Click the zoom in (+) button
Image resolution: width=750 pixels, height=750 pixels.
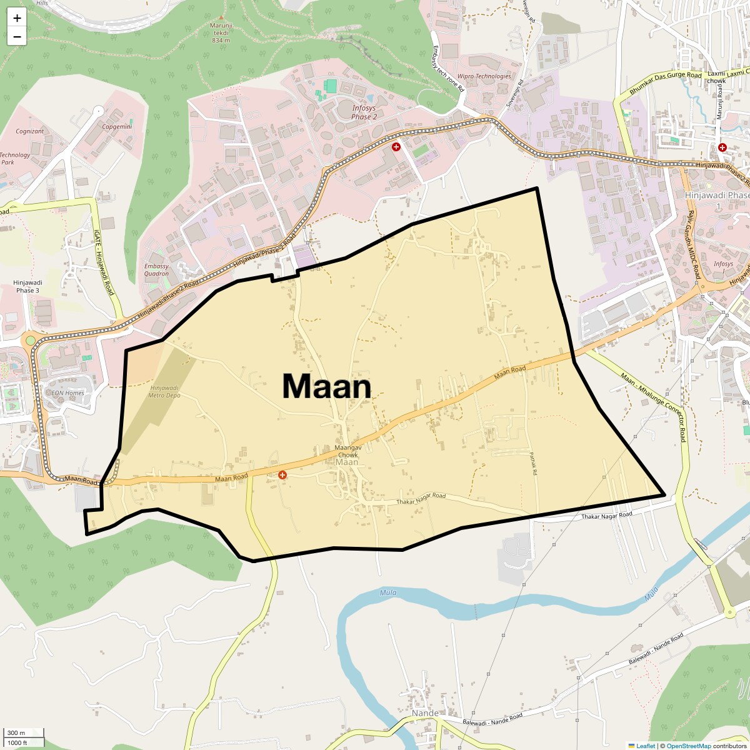17,18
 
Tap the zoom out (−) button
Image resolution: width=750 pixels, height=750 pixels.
17,36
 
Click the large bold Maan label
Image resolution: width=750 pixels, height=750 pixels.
327,386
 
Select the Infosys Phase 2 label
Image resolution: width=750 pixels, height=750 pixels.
364,112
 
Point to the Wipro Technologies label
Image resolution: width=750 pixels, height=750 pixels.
484,76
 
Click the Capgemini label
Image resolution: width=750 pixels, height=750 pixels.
117,126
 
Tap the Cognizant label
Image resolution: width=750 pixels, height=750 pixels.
30,131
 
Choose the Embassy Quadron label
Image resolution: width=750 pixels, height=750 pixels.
156,270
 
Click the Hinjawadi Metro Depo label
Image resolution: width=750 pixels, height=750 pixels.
164,391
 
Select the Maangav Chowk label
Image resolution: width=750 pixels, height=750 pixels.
347,452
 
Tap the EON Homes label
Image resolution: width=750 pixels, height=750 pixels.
67,393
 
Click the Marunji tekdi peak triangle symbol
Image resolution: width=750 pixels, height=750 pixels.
221,17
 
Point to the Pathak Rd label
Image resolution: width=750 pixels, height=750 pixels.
534,465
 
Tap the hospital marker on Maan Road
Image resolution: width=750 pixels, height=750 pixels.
282,475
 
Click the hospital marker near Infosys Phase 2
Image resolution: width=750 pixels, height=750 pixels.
396,147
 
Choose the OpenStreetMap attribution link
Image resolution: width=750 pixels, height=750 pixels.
689,746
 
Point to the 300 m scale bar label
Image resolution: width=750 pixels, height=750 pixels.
17,732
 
